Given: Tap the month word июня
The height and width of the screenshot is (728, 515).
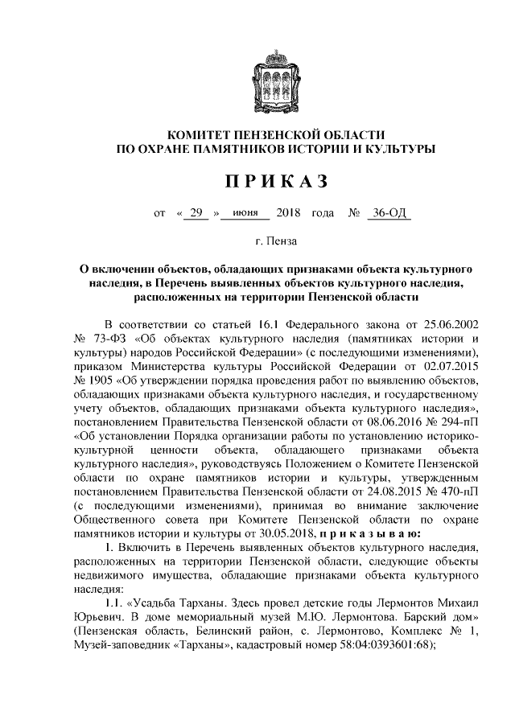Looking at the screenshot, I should [x=245, y=213].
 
